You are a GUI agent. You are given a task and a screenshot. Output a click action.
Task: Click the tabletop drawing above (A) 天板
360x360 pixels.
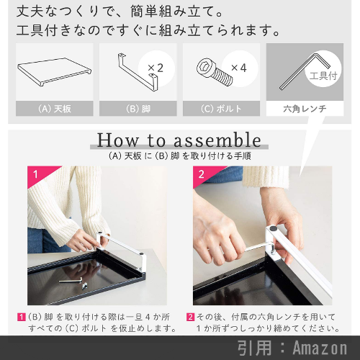point(54,71)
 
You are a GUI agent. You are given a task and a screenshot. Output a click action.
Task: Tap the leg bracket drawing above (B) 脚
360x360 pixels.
point(138,72)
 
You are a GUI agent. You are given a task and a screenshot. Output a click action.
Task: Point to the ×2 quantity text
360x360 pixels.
point(156,68)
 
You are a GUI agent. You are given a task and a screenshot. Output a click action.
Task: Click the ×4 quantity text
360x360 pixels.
point(238,68)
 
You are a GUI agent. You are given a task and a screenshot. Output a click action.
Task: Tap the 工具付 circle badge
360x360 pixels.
point(323,69)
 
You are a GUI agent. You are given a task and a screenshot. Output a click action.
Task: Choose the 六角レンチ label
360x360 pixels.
point(305,109)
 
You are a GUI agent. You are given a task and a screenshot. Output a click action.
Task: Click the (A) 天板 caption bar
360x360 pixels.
point(55,109)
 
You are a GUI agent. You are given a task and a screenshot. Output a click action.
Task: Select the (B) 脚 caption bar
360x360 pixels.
point(138,109)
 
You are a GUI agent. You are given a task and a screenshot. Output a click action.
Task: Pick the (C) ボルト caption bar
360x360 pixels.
point(221,109)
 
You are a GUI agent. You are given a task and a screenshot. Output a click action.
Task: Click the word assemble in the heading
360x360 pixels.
point(217,140)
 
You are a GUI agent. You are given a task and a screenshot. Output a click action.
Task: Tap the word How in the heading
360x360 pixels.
point(117,140)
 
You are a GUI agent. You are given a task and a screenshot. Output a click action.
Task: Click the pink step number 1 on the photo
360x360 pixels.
point(35,174)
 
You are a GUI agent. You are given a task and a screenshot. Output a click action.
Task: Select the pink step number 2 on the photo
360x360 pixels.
point(201,174)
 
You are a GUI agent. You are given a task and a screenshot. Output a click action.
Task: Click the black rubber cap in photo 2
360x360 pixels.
point(273,228)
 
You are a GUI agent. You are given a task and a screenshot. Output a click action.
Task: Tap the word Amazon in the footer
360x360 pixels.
point(320,348)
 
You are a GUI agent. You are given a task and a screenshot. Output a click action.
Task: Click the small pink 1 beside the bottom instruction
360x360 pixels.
point(21,317)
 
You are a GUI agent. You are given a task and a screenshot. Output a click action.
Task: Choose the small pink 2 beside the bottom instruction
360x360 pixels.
point(190,317)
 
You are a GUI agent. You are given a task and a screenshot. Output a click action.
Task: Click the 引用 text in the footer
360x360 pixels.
point(254,348)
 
